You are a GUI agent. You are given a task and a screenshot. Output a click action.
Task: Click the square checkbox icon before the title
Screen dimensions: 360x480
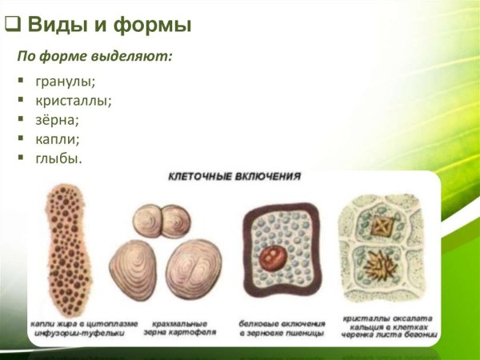11,25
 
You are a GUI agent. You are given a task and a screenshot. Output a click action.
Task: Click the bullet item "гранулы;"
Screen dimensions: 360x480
65,82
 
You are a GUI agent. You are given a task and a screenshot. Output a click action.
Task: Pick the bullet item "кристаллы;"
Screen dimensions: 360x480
73,102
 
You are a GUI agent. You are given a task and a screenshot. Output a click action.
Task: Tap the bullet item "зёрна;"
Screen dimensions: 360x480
57,121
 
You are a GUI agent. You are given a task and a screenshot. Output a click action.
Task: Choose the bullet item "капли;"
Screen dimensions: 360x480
57,139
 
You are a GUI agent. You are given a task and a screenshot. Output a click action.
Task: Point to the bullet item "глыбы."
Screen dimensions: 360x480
58,158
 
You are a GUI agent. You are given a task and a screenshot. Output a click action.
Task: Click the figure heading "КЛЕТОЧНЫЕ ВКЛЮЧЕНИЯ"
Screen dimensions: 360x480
234,177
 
